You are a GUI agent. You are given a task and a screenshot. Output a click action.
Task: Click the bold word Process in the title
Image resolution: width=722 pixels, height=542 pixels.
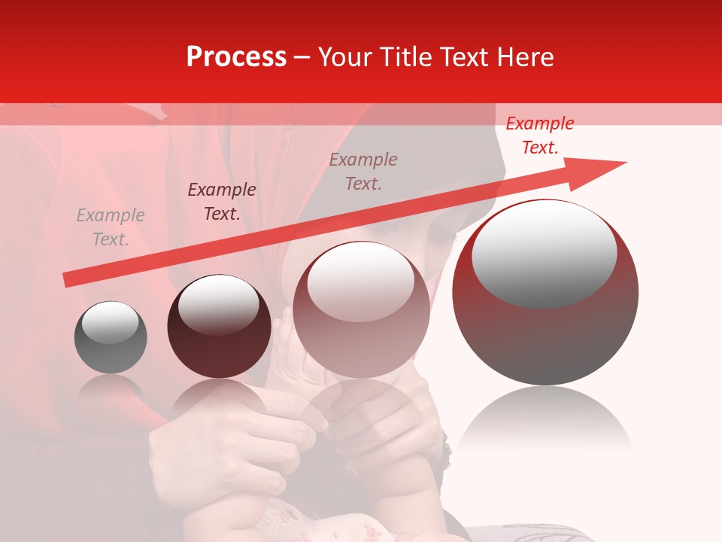tap(236, 57)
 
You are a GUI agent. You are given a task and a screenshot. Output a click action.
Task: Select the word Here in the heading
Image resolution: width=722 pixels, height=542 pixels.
tap(523, 57)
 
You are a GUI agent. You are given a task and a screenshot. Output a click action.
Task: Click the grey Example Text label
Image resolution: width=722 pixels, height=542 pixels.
tap(111, 227)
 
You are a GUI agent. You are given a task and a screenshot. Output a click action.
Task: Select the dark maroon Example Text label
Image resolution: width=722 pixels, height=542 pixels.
tap(222, 202)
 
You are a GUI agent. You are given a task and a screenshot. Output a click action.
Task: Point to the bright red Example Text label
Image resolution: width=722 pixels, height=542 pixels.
tap(540, 135)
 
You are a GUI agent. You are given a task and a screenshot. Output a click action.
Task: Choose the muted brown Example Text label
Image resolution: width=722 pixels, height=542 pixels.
tap(363, 172)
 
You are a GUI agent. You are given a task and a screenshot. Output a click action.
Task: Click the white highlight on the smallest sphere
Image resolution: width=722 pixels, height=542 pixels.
tap(110, 323)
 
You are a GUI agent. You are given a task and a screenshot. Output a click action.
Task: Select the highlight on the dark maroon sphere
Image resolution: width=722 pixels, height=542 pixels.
tap(218, 304)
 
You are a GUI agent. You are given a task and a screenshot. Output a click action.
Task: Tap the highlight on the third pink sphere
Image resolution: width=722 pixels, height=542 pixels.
tap(361, 282)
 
